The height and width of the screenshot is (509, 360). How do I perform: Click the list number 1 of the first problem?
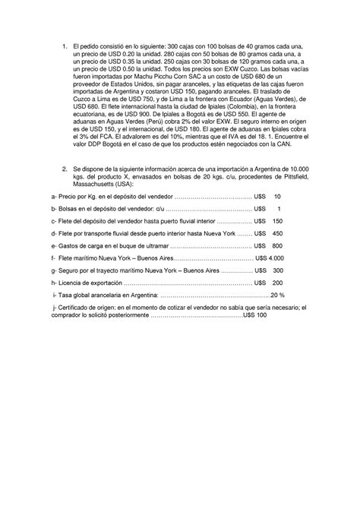pos(66,47)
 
